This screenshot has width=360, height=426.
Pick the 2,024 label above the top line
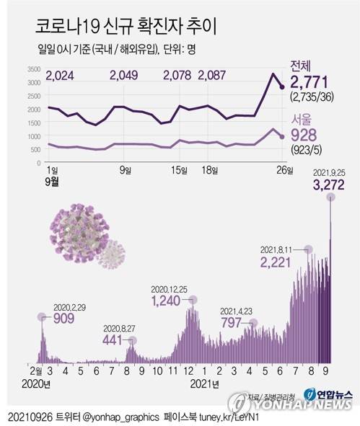(60, 75)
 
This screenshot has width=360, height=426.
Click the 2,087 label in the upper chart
(213, 75)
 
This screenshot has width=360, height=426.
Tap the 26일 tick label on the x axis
(283, 170)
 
